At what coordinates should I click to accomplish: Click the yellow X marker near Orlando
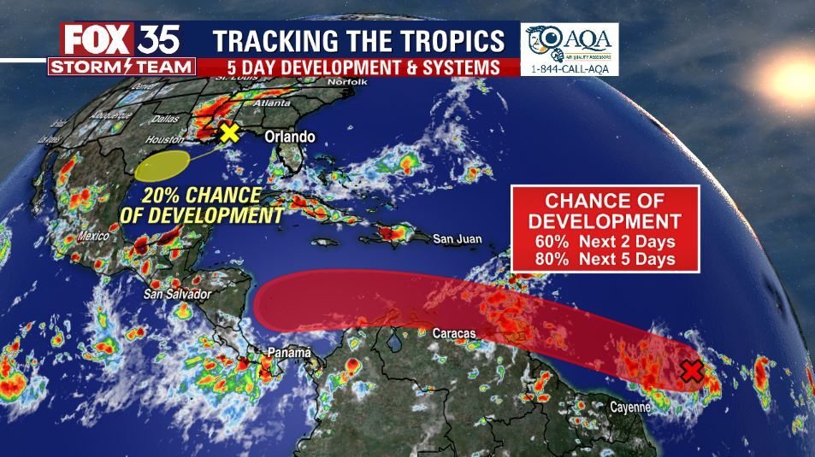tap(228, 132)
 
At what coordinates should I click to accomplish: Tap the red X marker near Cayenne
tap(693, 372)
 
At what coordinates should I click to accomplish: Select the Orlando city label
tap(289, 137)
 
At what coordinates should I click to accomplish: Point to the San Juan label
tap(458, 239)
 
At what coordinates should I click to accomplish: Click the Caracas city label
tap(454, 333)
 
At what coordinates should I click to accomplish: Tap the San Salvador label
tap(176, 294)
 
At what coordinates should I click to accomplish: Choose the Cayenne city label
tap(630, 407)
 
